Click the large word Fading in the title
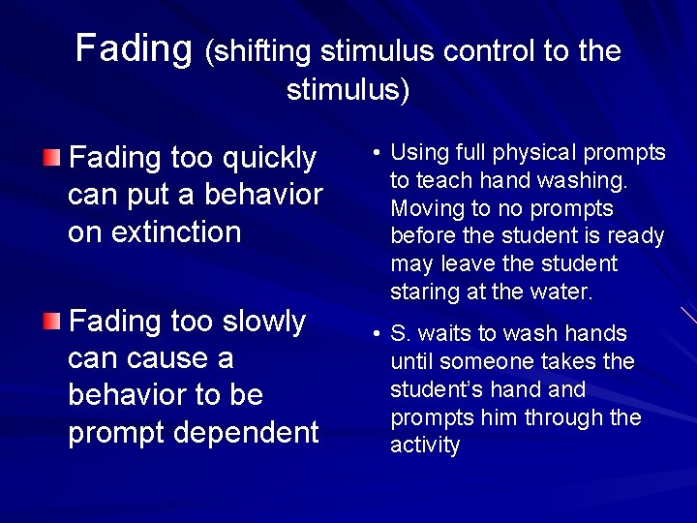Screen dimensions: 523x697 click(135, 47)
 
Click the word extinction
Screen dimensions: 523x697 click(154, 231)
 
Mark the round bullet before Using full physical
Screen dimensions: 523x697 click(374, 154)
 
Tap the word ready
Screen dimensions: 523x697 click(637, 236)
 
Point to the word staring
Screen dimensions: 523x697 click(422, 292)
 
